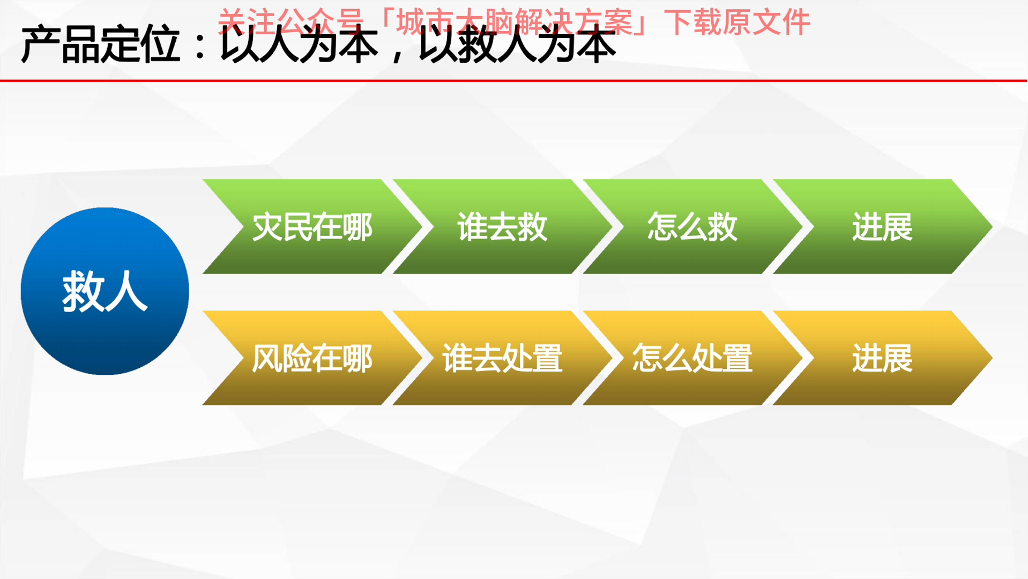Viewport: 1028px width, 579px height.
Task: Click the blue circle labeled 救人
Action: [x=105, y=291]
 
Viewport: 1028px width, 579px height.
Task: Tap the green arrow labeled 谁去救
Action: [x=502, y=227]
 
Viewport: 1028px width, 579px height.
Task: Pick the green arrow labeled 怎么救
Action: [x=692, y=227]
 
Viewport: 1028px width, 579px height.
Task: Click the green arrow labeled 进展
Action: [x=882, y=227]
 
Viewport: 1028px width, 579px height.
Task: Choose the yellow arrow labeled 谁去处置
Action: [x=502, y=358]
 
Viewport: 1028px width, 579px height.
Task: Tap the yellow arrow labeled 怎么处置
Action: [x=692, y=358]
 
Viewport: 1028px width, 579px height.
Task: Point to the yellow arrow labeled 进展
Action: [x=882, y=358]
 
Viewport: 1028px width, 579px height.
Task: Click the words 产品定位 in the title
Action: [x=100, y=45]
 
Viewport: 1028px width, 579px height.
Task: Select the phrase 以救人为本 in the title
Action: [x=517, y=45]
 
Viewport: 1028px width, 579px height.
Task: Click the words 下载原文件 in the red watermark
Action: [x=737, y=23]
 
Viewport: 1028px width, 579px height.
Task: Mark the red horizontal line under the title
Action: [x=513, y=81]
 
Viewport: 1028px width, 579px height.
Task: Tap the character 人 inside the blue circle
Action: [x=126, y=292]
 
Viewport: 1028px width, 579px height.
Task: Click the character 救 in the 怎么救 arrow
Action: [x=722, y=227]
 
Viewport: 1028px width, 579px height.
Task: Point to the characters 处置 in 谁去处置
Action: [x=532, y=358]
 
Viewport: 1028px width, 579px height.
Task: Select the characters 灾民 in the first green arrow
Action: [x=282, y=227]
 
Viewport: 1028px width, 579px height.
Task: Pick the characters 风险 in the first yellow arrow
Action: [x=282, y=358]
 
